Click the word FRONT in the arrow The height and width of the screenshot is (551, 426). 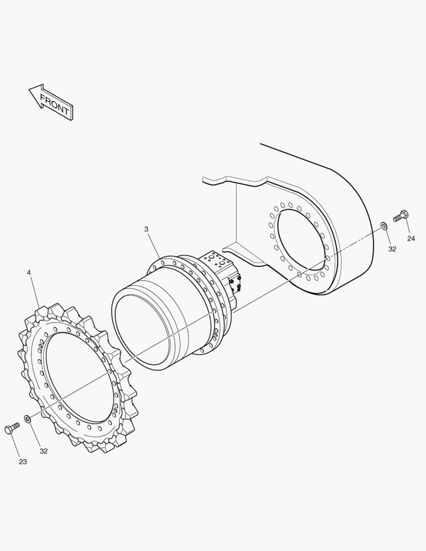click(55, 105)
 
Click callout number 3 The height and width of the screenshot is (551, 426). click(146, 229)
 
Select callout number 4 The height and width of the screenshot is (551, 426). click(29, 272)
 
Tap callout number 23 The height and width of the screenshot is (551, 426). click(23, 462)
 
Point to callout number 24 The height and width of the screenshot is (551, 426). click(411, 239)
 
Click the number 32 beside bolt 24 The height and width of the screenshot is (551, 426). click(392, 249)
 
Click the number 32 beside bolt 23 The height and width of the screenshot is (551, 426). click(43, 451)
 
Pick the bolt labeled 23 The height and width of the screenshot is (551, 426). click(12, 429)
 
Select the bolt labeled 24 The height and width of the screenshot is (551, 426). click(402, 215)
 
